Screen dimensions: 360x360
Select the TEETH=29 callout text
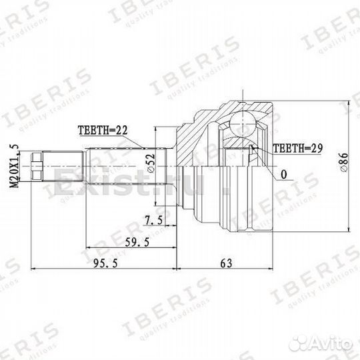[298, 149]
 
